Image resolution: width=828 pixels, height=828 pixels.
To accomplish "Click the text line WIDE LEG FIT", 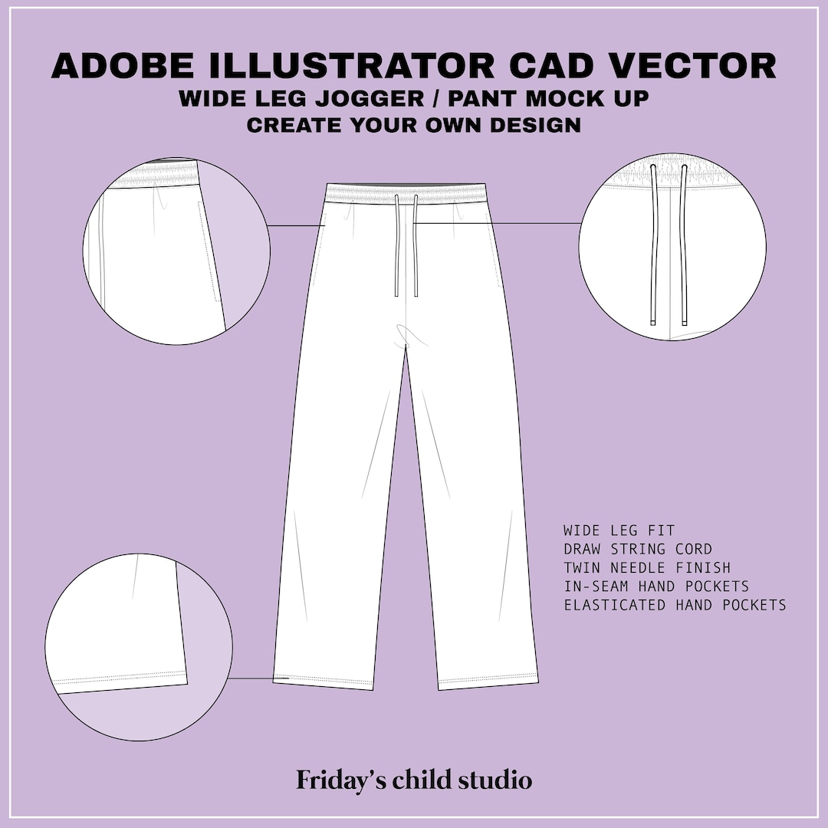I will click(x=619, y=531).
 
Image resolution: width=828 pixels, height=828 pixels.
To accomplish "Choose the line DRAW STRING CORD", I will click(x=637, y=549).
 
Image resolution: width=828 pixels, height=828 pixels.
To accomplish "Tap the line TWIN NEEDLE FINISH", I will click(x=646, y=568).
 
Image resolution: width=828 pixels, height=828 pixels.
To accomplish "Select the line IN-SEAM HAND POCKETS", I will click(x=655, y=586).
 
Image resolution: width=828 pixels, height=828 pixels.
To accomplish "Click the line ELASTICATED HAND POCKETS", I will click(x=675, y=605).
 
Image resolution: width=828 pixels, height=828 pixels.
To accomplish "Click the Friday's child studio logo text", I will click(x=414, y=780).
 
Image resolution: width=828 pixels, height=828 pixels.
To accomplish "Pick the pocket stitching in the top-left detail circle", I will click(x=205, y=253).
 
